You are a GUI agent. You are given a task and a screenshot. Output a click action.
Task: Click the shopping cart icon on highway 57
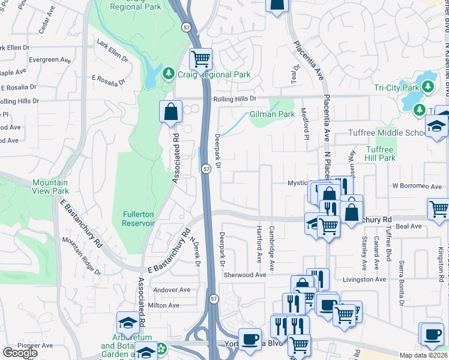pyautogui.click(x=200, y=59)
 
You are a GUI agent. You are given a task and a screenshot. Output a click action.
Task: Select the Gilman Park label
pyautogui.click(x=273, y=114)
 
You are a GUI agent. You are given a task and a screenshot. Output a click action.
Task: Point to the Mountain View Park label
pyautogui.click(x=50, y=187)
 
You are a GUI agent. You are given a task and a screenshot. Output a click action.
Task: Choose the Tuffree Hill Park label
pyautogui.click(x=379, y=154)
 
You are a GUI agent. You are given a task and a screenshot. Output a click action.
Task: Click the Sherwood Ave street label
pyautogui.click(x=245, y=275)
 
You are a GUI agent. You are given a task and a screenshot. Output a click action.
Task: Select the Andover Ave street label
pyautogui.click(x=171, y=290)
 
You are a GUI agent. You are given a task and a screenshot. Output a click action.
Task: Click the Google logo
pyautogui.click(x=20, y=353)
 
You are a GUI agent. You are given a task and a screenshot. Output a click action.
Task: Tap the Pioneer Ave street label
pyautogui.click(x=19, y=345)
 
